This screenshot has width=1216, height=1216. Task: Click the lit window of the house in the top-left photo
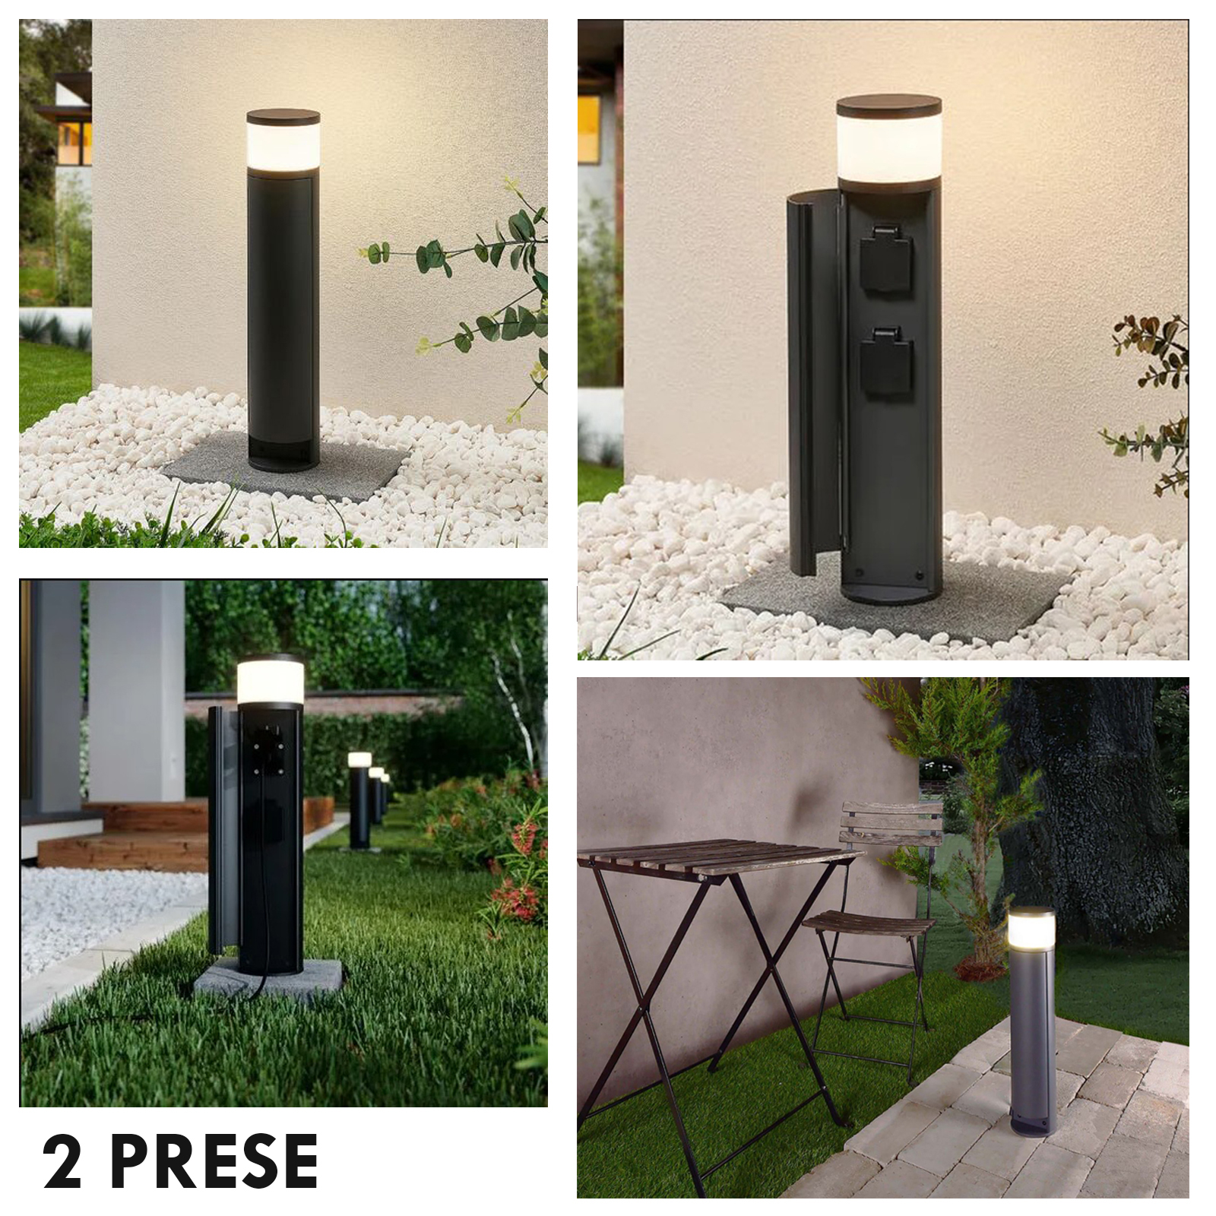pyautogui.click(x=74, y=142)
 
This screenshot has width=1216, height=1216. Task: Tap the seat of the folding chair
pyautogui.click(x=869, y=927)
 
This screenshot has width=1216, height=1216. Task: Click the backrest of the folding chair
pyautogui.click(x=891, y=825)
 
